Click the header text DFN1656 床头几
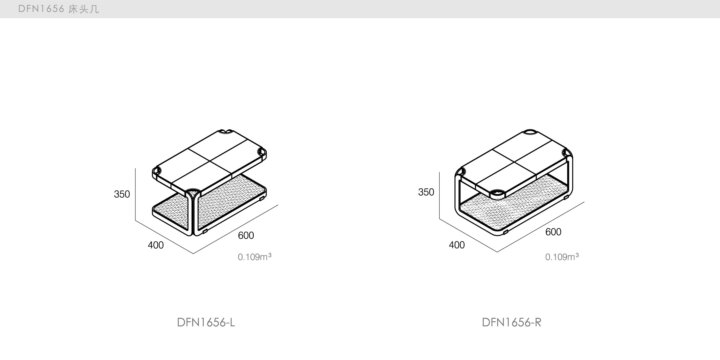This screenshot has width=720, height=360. click(58, 9)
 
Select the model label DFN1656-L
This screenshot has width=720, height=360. click(206, 323)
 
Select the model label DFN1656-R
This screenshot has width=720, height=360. click(512, 323)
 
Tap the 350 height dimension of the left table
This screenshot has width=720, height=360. click(122, 194)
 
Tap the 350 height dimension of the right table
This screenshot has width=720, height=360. click(426, 192)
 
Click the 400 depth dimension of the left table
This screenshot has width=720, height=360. click(156, 245)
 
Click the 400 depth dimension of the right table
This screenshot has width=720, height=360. click(457, 245)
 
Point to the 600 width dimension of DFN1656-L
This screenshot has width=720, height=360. click(246, 236)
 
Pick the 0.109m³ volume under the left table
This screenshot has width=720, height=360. click(255, 257)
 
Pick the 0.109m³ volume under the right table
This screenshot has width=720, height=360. click(562, 257)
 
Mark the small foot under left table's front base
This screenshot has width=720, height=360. click(205, 232)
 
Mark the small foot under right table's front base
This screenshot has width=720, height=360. click(506, 232)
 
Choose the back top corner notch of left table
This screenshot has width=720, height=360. click(226, 131)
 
